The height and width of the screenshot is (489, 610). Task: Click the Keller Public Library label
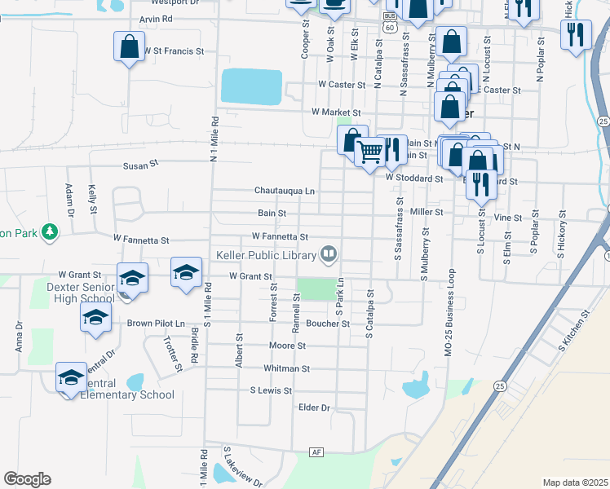pyautogui.click(x=265, y=255)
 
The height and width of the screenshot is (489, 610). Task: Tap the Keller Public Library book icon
pyautogui.click(x=329, y=254)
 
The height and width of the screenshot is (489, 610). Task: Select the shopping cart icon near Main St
pyautogui.click(x=370, y=151)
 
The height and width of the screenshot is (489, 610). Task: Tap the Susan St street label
pyautogui.click(x=139, y=165)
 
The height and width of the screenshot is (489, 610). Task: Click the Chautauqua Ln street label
pyautogui.click(x=284, y=191)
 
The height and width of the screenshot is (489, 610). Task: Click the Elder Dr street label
pyautogui.click(x=314, y=407)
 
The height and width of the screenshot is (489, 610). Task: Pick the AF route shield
pyautogui.click(x=317, y=452)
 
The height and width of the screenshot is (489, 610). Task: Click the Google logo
pyautogui.click(x=27, y=479)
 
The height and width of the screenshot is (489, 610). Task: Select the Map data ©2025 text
pyautogui.click(x=574, y=482)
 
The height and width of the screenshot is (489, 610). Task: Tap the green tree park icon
pyautogui.click(x=50, y=232)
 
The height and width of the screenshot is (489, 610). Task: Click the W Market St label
pyautogui.click(x=336, y=112)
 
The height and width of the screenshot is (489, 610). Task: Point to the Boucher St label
pyautogui.click(x=328, y=324)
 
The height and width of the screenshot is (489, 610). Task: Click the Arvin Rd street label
pyautogui.click(x=156, y=18)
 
